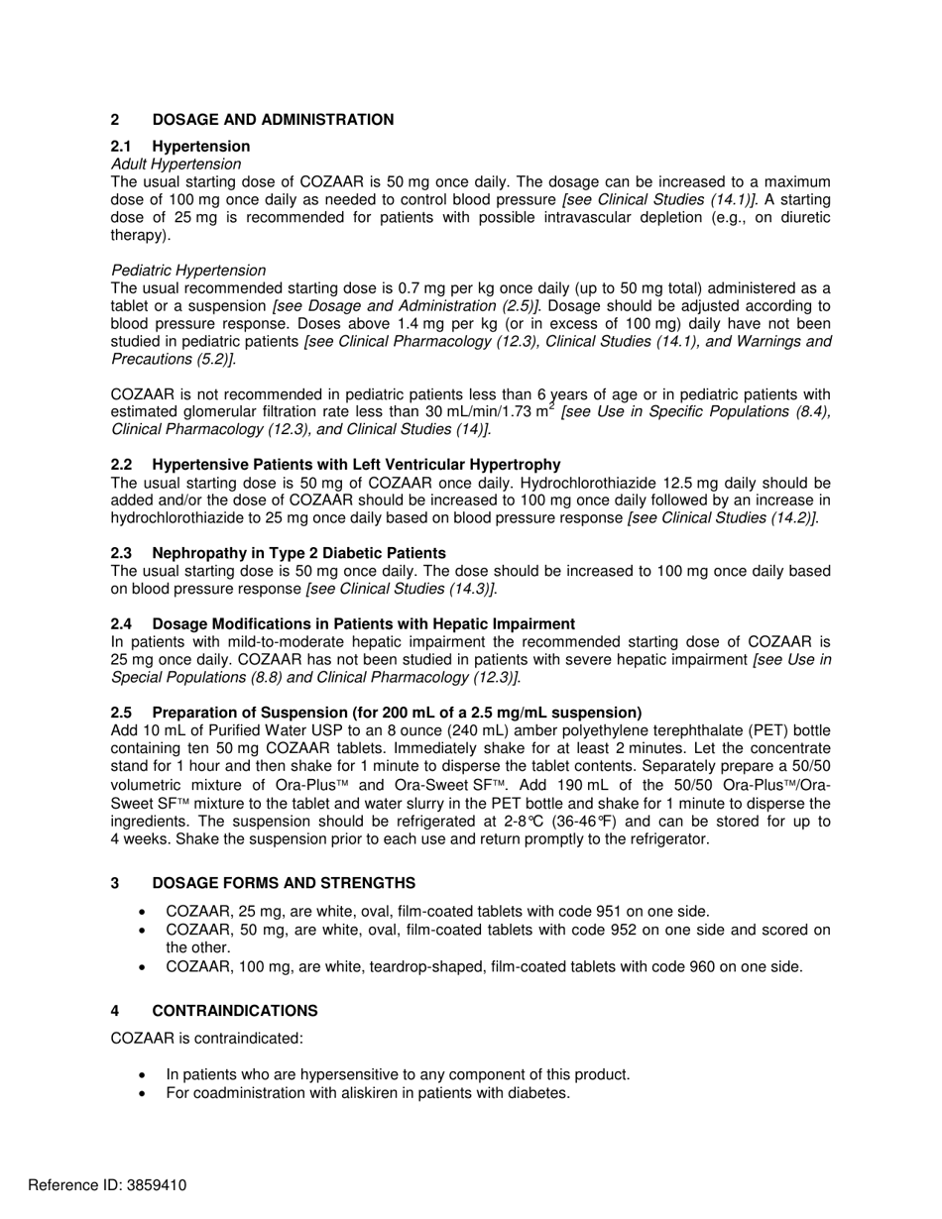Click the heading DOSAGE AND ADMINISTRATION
point(273,120)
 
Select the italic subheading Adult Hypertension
point(176,165)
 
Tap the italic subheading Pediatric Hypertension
point(188,271)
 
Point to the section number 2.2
point(121,465)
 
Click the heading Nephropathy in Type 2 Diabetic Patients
point(298,553)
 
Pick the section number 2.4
point(121,624)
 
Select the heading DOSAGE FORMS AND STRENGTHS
point(284,883)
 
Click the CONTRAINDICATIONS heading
point(235,1011)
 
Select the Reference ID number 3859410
point(155,1185)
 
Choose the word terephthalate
point(612,731)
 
